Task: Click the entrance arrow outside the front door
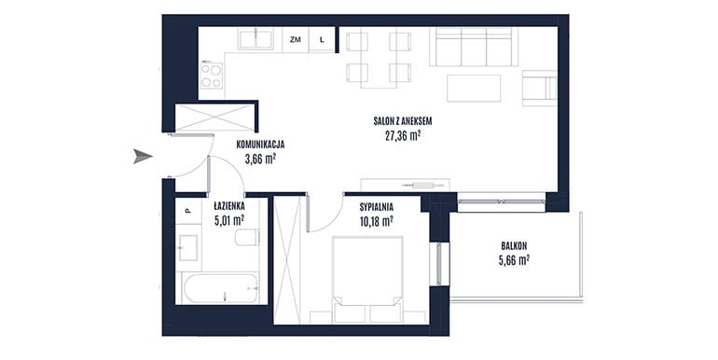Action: (143, 156)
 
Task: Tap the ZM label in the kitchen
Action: (296, 40)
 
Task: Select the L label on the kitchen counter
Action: (322, 40)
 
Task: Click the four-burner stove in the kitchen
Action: (212, 76)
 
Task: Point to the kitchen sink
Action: (255, 39)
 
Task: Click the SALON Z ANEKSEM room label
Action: (403, 121)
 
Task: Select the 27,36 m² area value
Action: (403, 135)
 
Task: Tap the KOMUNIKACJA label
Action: (260, 145)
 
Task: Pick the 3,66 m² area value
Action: (260, 159)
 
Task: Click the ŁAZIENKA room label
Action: (229, 206)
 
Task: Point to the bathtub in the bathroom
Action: (220, 287)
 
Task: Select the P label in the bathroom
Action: (186, 211)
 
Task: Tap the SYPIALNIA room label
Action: (377, 207)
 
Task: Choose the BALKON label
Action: (514, 246)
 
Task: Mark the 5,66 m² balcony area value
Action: (514, 260)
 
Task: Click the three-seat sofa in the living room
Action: (474, 47)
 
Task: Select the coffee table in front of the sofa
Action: (474, 88)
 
